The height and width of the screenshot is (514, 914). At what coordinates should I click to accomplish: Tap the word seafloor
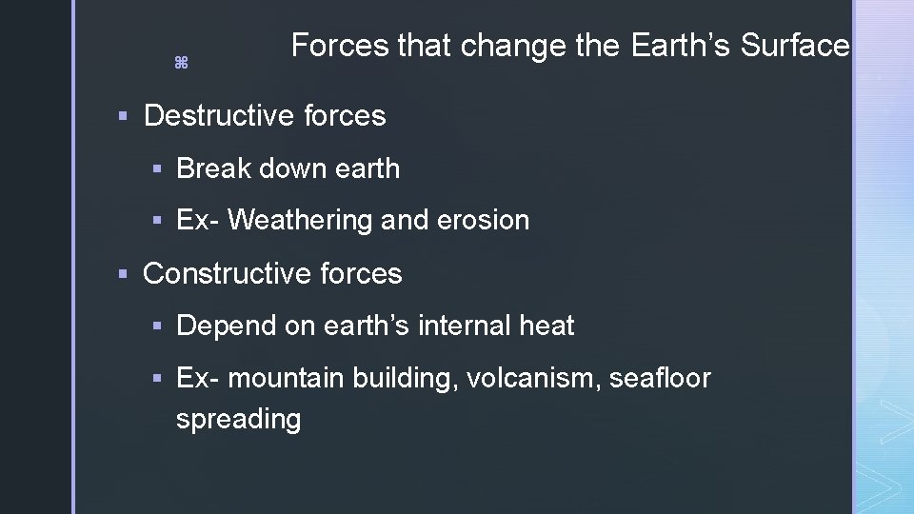661,379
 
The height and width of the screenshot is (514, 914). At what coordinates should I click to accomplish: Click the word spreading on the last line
238,420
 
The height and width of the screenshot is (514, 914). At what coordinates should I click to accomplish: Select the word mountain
287,379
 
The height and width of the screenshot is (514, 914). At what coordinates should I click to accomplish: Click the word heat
546,326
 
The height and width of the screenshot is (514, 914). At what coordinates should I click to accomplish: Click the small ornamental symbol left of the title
181,63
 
